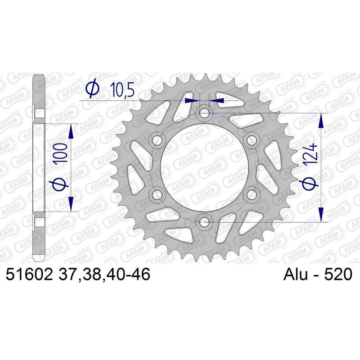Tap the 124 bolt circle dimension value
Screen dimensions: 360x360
pyautogui.click(x=310, y=154)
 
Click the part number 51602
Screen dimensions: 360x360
pyautogui.click(x=29, y=274)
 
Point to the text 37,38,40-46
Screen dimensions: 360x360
pyautogui.click(x=104, y=274)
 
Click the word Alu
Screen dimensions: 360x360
pyautogui.click(x=296, y=274)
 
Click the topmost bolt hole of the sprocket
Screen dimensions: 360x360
pyautogui.click(x=204, y=113)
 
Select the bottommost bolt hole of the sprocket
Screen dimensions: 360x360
pyautogui.click(x=204, y=222)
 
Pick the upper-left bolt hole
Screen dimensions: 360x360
pyautogui.click(x=157, y=140)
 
